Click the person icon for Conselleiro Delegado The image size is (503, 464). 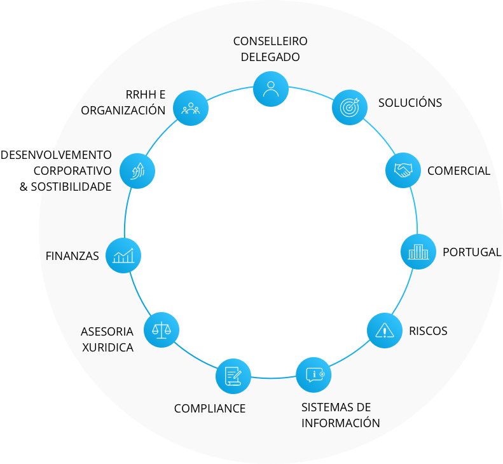(271, 89)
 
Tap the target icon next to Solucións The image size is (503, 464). (350, 107)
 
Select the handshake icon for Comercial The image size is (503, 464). (403, 170)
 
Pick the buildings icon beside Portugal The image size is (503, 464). (418, 252)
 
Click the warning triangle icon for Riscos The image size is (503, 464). (384, 331)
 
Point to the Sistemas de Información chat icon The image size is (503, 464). (314, 375)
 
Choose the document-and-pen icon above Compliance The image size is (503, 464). (233, 376)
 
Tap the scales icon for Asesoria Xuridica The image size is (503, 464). (162, 330)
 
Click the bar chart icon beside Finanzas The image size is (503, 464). (123, 256)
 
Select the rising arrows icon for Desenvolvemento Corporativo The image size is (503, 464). (137, 171)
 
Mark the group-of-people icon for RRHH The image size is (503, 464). (191, 108)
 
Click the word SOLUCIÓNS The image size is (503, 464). (410, 102)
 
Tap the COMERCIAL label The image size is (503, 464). (458, 171)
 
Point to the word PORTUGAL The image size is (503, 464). (472, 252)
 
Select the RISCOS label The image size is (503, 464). (428, 331)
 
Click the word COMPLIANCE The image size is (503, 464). (210, 409)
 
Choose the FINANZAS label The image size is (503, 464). (72, 256)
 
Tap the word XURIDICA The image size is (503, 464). (108, 347)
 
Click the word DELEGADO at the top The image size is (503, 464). (270, 57)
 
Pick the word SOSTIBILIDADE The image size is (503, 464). (71, 187)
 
